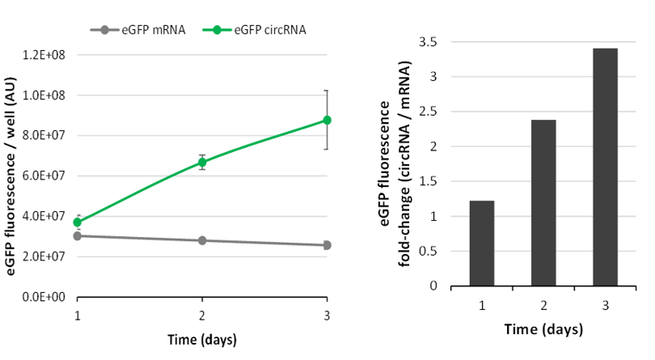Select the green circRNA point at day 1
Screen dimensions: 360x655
tap(78, 222)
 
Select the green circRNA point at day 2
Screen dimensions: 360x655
tap(202, 163)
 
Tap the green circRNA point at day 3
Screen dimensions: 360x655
tap(327, 120)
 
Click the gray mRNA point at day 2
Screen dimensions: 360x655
tap(202, 240)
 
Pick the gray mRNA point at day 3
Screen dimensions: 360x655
tap(327, 245)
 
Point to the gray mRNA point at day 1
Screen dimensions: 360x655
tap(78, 236)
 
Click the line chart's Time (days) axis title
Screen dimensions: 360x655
tap(202, 338)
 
